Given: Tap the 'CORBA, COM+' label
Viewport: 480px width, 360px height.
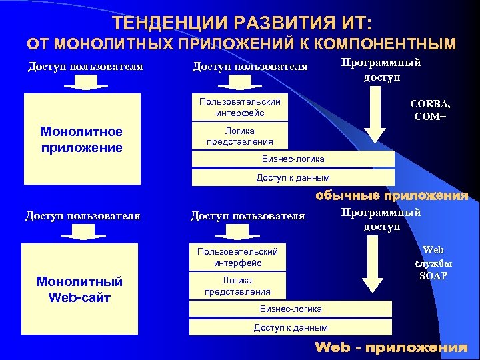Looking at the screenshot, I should [x=430, y=110].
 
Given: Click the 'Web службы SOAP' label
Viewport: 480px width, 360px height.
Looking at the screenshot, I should [x=433, y=263].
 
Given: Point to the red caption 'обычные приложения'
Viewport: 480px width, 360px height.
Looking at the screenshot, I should [x=391, y=195].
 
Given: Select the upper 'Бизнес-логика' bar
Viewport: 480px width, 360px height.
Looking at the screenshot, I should [x=293, y=159].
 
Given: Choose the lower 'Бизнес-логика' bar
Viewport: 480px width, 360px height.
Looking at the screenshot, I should [x=291, y=309].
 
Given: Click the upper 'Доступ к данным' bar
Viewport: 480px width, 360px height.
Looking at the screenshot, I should [x=293, y=177].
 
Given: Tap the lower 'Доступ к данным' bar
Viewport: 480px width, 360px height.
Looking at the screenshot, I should [x=291, y=327].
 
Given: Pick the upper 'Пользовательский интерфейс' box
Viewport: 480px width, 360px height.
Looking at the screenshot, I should [x=240, y=107].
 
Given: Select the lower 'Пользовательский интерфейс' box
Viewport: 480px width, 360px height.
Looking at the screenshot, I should [x=237, y=257].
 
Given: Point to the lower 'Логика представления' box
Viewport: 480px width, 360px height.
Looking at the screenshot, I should [x=237, y=286].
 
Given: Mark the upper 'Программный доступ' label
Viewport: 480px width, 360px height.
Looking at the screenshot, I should [x=382, y=69].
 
